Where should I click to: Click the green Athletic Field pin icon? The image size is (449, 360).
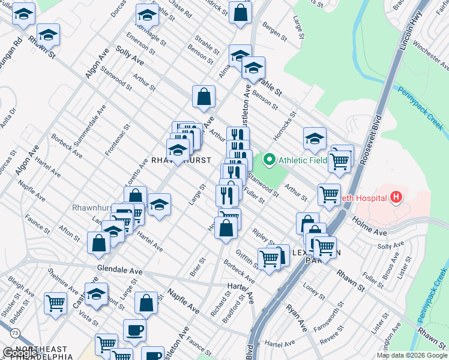point(270,160)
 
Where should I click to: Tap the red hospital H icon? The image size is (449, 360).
point(396,196)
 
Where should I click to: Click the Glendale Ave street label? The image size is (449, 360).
point(120,268)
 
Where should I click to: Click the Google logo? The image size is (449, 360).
point(19,353)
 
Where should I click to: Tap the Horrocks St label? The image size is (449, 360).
point(285,124)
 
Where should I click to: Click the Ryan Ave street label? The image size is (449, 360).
point(297,317)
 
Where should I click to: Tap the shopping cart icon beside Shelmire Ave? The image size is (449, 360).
point(56,302)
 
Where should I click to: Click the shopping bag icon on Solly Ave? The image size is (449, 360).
point(204,96)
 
